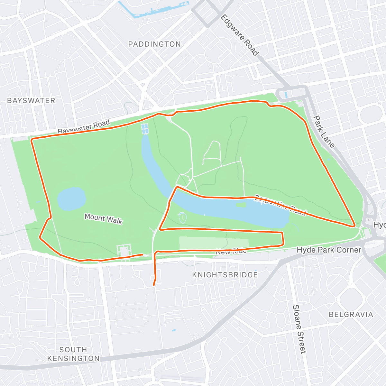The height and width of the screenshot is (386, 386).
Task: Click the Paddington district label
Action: (154, 44)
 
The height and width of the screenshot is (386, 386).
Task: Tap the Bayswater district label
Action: (31, 100)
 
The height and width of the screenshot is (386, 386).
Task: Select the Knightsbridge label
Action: (225, 275)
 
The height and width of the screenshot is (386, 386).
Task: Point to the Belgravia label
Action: (351, 314)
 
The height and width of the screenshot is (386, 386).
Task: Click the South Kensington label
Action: (73, 354)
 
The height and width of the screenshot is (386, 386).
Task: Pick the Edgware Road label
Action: (240, 35)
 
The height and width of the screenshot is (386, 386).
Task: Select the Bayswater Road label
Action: (84, 126)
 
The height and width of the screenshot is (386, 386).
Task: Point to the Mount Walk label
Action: (104, 219)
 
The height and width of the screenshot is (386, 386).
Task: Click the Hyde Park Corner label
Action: (329, 250)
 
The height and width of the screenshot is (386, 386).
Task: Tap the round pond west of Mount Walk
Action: (72, 199)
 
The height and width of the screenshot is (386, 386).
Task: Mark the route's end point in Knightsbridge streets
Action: (154, 285)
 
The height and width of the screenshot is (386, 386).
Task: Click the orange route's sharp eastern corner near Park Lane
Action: (354, 225)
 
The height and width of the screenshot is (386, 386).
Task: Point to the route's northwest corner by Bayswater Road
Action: (32, 140)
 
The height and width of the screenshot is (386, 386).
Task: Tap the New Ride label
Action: (231, 251)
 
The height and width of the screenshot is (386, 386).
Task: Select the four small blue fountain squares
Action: (145, 129)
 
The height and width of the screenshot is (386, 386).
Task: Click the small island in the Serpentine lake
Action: (241, 205)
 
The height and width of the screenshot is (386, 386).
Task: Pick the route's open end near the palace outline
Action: (142, 254)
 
